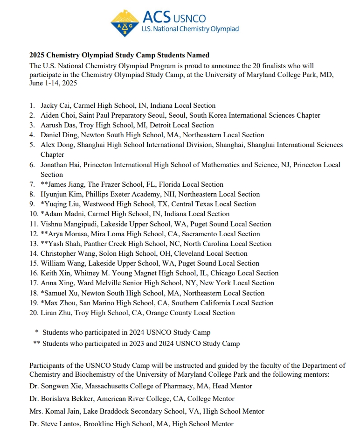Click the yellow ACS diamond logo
pyautogui.click(x=125, y=23)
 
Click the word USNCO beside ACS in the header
pyautogui.click(x=189, y=19)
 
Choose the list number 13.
pyautogui.click(x=34, y=244)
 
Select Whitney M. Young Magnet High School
pyautogui.click(x=130, y=273)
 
